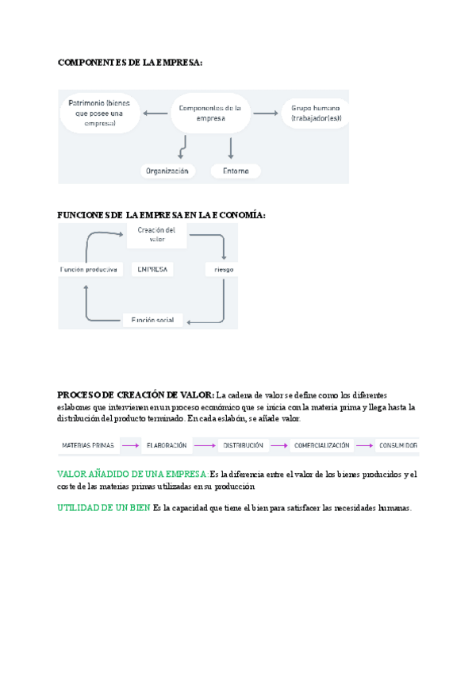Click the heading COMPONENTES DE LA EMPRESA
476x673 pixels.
(x=130, y=63)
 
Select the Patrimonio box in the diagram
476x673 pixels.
(x=99, y=113)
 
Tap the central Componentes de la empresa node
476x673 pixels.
(x=210, y=113)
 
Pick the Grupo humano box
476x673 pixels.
(x=316, y=113)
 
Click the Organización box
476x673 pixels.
(x=167, y=171)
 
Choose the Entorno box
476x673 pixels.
(x=236, y=171)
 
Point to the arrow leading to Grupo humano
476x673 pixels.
(x=265, y=114)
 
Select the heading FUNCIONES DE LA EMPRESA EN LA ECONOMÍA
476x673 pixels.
(x=162, y=215)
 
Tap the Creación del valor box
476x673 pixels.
(x=156, y=234)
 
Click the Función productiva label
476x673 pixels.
(x=89, y=270)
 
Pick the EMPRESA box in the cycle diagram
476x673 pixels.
(x=152, y=270)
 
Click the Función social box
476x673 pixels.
(x=152, y=320)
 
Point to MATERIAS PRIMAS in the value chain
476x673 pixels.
(x=88, y=446)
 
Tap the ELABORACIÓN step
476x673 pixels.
(x=167, y=446)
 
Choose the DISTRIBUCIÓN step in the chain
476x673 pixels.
(x=243, y=446)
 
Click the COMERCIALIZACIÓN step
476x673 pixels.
(x=321, y=446)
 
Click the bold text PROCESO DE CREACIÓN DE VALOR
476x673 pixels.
(x=136, y=395)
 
